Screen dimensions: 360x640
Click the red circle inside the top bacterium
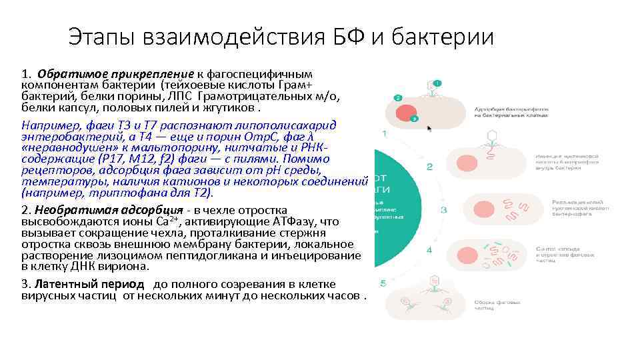coord(407,111)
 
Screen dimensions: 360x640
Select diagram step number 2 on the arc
coord(429,167)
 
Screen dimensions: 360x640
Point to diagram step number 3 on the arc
coord(443,210)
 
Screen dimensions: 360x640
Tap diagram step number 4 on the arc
coord(429,250)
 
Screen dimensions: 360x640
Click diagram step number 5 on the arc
coord(383,283)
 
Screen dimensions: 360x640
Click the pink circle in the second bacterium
coord(465,162)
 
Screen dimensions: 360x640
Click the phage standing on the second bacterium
coord(493,141)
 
